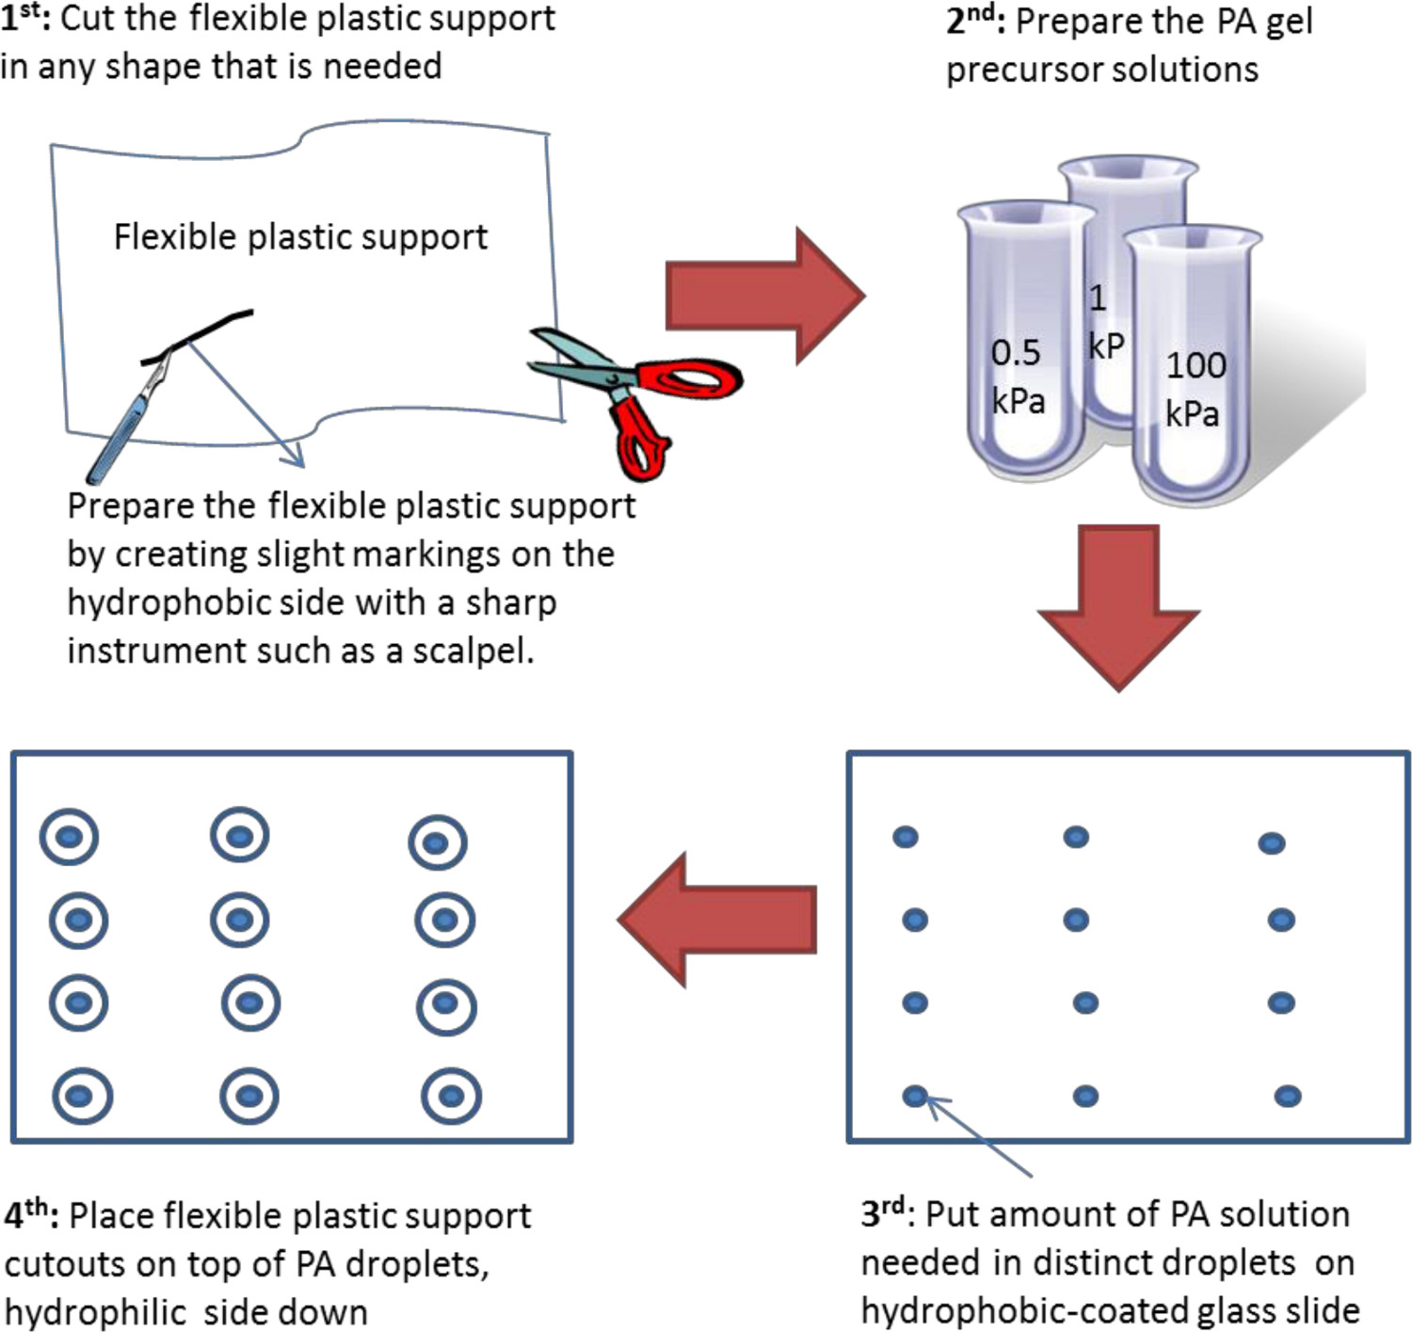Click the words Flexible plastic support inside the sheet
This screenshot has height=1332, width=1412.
coord(300,237)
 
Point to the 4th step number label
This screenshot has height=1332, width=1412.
coord(28,1215)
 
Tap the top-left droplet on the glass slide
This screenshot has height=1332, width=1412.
coord(906,837)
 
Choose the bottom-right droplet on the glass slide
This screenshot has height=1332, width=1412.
coord(1288,1096)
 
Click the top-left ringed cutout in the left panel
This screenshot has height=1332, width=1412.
coord(69,837)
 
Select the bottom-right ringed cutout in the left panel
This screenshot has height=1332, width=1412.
coord(451,1096)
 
